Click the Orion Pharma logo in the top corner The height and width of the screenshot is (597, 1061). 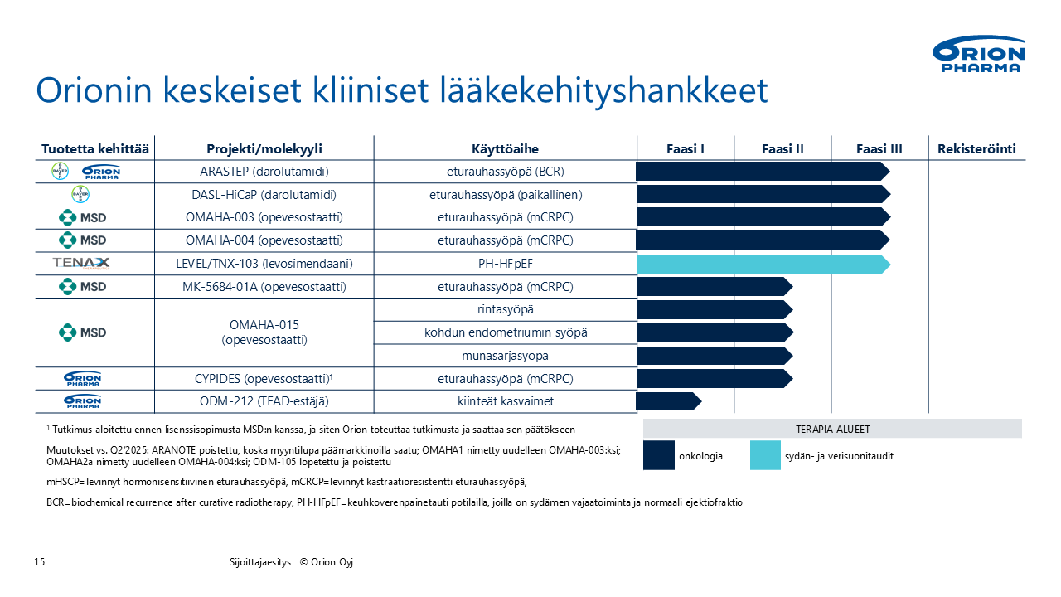tap(979, 55)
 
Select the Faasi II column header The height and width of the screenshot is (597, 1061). tap(782, 149)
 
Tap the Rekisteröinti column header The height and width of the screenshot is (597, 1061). tap(976, 149)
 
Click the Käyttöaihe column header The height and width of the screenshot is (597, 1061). tap(505, 149)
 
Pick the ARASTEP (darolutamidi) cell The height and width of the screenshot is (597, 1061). tap(264, 172)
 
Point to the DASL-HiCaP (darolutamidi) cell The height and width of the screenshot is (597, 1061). tap(264, 195)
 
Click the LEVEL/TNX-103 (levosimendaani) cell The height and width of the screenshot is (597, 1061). tap(264, 264)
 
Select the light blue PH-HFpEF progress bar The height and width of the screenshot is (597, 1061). tap(763, 264)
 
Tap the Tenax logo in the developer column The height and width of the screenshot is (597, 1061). tap(81, 264)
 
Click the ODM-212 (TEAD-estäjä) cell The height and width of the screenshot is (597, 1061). tap(264, 401)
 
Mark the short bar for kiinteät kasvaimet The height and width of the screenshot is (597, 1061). tap(668, 401)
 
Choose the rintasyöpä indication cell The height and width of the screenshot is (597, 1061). tap(505, 309)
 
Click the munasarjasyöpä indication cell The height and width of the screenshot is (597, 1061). tap(505, 356)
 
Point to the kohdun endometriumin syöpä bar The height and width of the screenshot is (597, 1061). tap(714, 332)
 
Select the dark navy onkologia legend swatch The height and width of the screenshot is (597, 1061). tap(658, 456)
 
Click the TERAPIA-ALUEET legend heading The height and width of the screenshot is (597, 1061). tap(832, 429)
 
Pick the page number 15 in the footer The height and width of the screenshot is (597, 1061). tap(40, 562)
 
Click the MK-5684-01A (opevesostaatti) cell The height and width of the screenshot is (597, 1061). tap(264, 287)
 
